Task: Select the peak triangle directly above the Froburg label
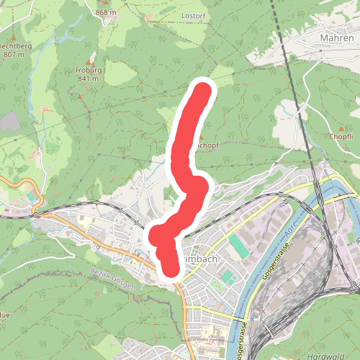[x=89, y=60]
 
